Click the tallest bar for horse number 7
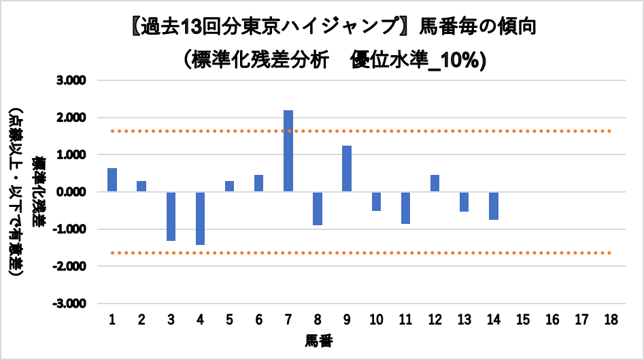tap(288, 151)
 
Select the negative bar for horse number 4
tap(200, 218)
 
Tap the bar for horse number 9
tap(347, 169)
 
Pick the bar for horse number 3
tap(171, 216)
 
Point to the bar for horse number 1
tap(112, 180)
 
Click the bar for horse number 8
tap(318, 208)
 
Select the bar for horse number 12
tap(435, 183)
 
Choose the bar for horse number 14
tap(494, 206)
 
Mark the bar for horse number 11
tap(405, 208)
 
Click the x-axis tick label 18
tap(611, 320)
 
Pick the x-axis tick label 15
tap(523, 320)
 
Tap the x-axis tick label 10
tap(376, 320)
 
